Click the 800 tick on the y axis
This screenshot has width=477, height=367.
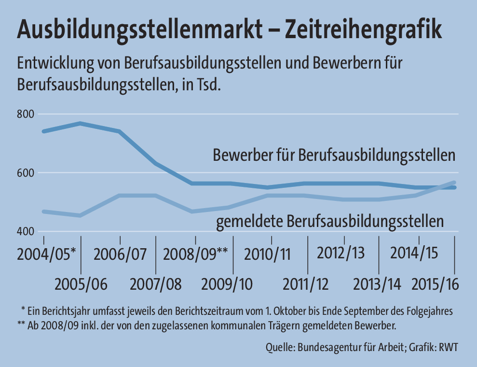[26, 114]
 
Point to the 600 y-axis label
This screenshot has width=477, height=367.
[26, 173]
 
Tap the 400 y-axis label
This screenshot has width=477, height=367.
[26, 232]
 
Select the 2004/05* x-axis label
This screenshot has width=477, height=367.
[46, 254]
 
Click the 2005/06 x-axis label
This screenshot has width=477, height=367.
[81, 284]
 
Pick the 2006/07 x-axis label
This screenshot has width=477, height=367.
[120, 254]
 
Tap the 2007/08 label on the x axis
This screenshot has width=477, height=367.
[156, 284]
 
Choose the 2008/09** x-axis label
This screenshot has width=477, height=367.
[195, 254]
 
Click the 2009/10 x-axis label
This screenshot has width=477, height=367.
[233, 284]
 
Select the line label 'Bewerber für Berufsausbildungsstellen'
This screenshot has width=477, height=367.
[334, 155]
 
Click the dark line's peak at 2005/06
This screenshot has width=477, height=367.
[81, 124]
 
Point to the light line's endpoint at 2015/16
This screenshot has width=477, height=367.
[454, 183]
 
